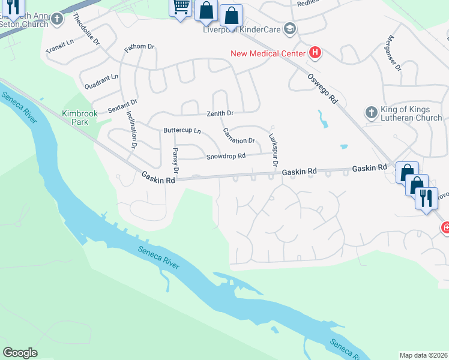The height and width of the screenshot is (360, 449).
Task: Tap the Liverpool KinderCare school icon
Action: tap(290, 29)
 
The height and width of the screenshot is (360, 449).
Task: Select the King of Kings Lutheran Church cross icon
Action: tap(370, 112)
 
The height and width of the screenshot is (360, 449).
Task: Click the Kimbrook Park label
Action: tap(75, 118)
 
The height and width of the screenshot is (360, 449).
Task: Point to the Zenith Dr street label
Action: tap(220, 113)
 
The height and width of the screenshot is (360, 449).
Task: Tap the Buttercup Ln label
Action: tap(182, 130)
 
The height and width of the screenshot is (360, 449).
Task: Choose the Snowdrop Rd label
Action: tap(226, 156)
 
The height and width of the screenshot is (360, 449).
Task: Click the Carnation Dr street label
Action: tap(239, 136)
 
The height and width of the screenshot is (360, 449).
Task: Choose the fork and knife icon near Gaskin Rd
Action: tap(426, 197)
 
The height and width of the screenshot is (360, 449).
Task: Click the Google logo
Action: tap(20, 353)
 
